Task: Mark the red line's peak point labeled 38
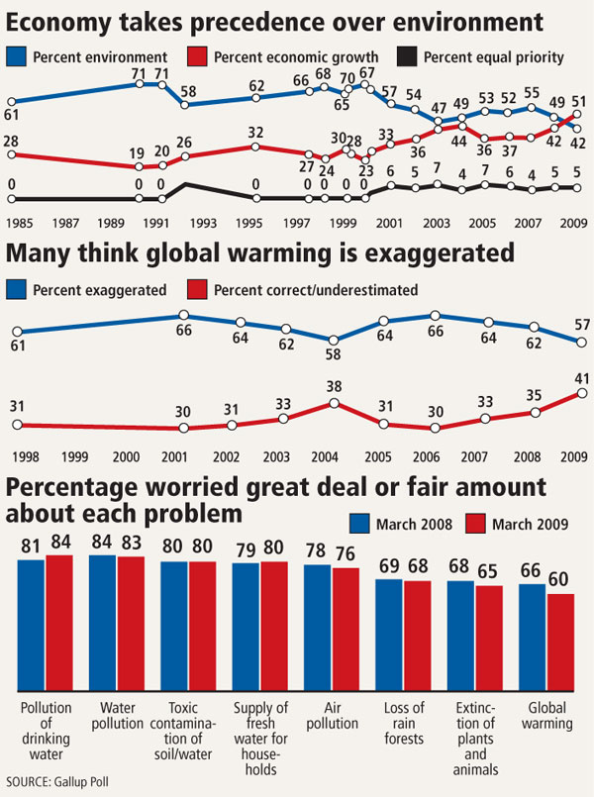(334, 403)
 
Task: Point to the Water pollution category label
(117, 715)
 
